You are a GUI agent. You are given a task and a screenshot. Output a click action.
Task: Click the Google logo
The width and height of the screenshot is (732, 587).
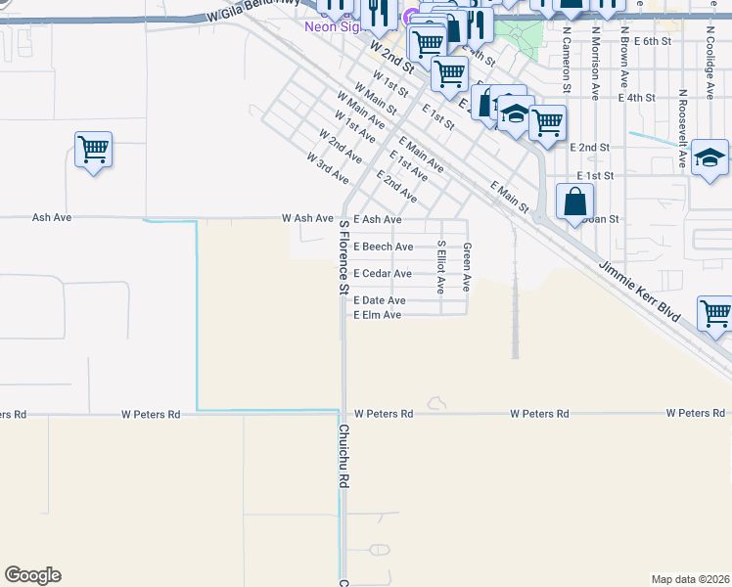[32, 575]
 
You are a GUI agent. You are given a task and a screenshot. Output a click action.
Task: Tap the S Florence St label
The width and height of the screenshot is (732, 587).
[343, 256]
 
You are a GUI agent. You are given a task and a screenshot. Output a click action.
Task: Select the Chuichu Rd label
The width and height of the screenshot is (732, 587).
[343, 457]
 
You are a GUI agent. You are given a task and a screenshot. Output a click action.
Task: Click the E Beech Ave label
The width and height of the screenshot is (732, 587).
[384, 248]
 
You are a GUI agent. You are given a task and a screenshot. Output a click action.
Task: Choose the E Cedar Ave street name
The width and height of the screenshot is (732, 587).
[383, 274]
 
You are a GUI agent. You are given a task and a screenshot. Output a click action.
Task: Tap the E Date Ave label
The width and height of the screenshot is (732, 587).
[380, 300]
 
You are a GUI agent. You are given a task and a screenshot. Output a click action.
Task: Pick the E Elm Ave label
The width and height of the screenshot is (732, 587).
[378, 315]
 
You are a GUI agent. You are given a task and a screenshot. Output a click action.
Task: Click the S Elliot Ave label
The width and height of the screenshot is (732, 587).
[441, 267]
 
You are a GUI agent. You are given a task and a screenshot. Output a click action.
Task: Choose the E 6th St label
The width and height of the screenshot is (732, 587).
[653, 42]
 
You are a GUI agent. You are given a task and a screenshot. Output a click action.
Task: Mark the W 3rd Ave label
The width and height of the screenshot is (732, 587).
[327, 168]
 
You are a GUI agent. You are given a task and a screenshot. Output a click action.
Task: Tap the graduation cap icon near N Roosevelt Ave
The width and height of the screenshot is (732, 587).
[709, 158]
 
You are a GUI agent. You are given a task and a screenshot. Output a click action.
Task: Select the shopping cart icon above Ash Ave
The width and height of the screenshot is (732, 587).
[93, 150]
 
